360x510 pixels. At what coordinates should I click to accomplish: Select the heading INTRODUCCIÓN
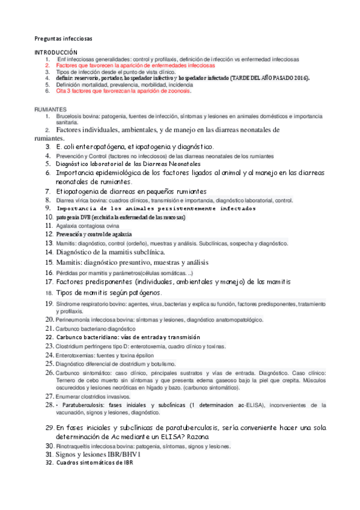click(56, 53)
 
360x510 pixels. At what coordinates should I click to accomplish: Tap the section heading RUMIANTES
click(50, 109)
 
